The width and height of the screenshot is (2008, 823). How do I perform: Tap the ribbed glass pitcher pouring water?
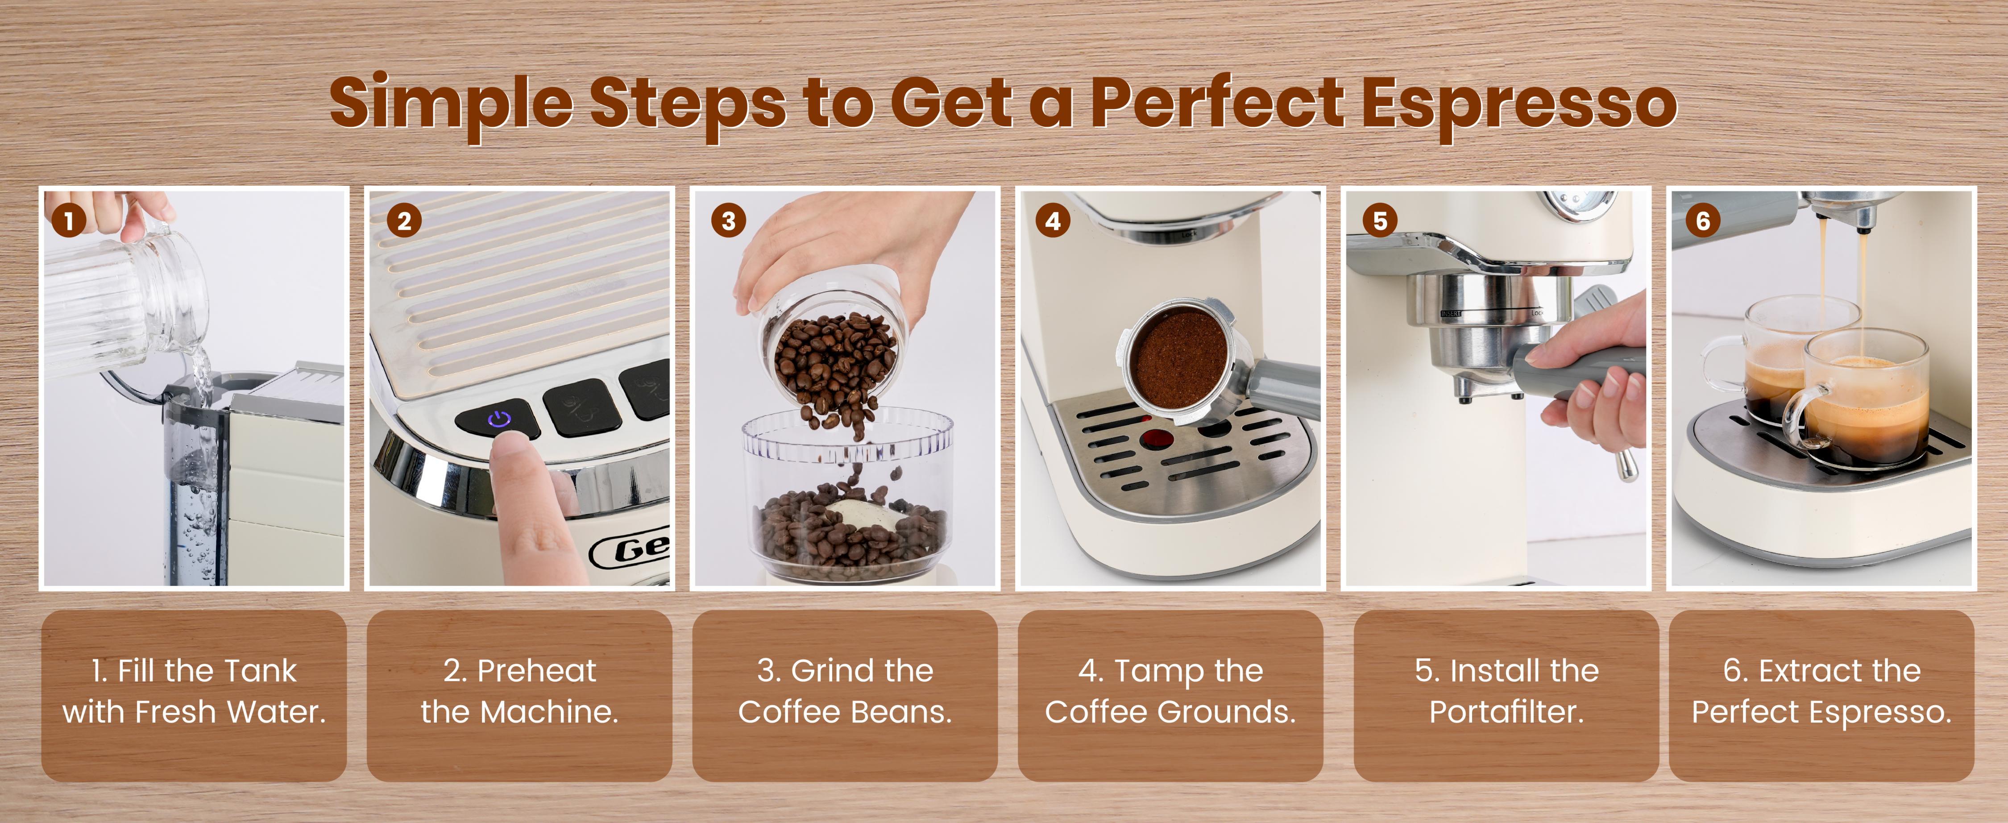(125, 296)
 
